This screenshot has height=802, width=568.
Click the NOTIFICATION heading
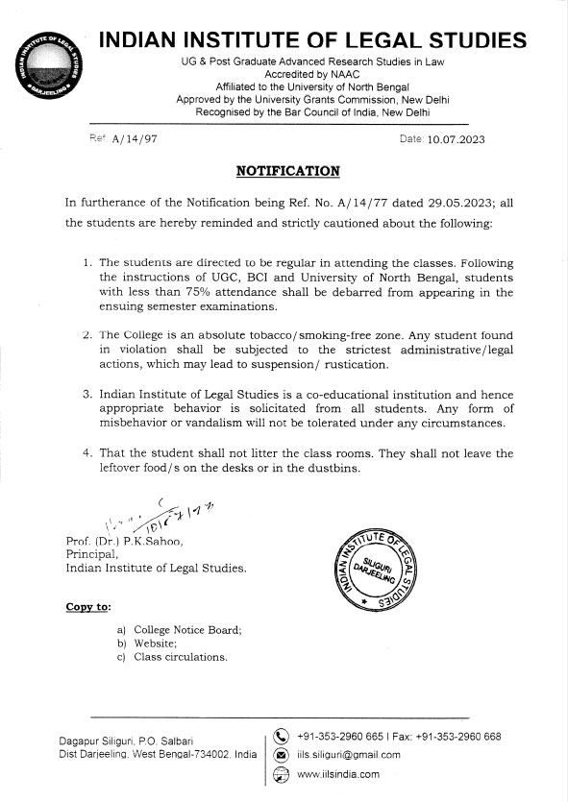pos(287,171)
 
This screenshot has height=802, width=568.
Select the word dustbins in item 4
pos(333,468)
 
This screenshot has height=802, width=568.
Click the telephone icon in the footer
pos(282,738)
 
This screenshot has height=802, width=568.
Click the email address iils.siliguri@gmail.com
pos(350,755)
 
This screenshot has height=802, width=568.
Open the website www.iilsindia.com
pos(339,773)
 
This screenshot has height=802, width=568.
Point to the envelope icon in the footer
pos(282,755)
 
